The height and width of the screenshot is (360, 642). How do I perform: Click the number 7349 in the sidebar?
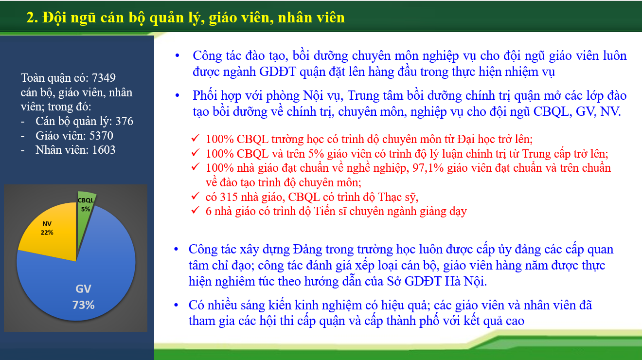point(104,78)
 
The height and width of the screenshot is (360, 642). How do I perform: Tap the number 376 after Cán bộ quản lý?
point(124,121)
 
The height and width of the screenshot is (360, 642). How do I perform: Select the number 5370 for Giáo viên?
point(101,136)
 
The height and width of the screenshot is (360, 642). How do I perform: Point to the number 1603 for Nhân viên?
point(104,150)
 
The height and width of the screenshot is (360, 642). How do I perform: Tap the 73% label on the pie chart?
point(83,305)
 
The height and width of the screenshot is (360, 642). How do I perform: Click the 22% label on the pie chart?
point(47,233)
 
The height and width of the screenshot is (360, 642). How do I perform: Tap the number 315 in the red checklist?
point(229,197)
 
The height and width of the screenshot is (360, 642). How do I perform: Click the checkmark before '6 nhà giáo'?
point(195,210)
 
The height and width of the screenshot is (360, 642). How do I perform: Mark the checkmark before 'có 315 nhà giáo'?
point(195,196)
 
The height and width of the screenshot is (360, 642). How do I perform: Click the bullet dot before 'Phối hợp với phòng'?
point(178,95)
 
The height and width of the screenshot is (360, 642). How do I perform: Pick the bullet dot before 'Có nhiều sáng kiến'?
point(176,305)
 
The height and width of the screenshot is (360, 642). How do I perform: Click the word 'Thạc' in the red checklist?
point(391,197)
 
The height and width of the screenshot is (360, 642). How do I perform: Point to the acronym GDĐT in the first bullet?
point(277,72)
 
